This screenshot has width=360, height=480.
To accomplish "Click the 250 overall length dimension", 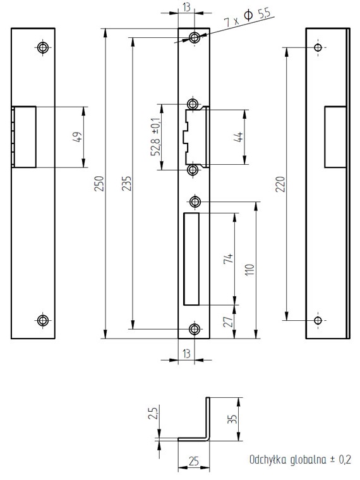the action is pos(99,183).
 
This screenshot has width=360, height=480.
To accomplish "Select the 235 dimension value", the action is pos(126,183).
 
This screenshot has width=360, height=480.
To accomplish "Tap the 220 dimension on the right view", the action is pos(280,184).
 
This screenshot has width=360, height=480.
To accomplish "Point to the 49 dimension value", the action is pos(78,137).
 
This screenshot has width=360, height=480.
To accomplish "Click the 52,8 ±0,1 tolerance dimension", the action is pos(155,136).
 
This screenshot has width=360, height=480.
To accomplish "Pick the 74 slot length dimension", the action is pos(229,259).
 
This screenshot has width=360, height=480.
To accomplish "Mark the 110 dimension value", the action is pos(249,270).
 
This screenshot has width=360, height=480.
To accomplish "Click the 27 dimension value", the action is pos(229,321).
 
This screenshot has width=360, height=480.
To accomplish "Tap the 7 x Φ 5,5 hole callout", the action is pos(248,18).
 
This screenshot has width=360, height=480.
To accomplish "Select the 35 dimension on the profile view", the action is pos(232,419).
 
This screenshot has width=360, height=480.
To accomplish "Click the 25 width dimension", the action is pos(194,461).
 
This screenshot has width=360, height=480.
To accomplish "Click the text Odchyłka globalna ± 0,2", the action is pos(300,460).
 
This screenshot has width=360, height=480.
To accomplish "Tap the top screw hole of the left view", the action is pos(43,47).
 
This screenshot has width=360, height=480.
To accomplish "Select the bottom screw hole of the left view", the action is pos(43,320).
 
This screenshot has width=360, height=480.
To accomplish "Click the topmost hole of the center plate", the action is pos(195,38).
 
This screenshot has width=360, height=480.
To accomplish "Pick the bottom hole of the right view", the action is pos(318,320).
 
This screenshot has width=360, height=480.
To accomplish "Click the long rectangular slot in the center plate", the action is pos(191,259).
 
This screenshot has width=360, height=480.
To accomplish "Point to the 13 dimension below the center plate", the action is pos(186,354).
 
